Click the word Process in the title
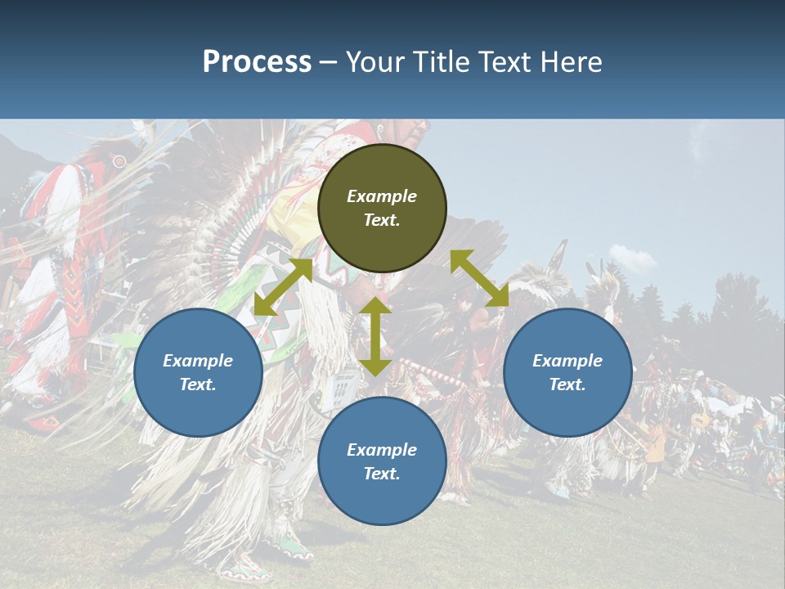click(x=257, y=62)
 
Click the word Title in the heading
click(x=442, y=62)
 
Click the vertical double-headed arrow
click(x=375, y=337)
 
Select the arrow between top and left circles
click(x=283, y=287)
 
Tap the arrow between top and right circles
click(x=479, y=278)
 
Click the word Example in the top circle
click(x=382, y=196)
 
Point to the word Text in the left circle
click(x=198, y=384)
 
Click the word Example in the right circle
click(x=567, y=361)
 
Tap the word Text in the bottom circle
click(x=382, y=474)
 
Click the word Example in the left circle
click(x=198, y=361)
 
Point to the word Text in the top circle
click(x=382, y=220)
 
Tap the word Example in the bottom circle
click(x=382, y=450)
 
